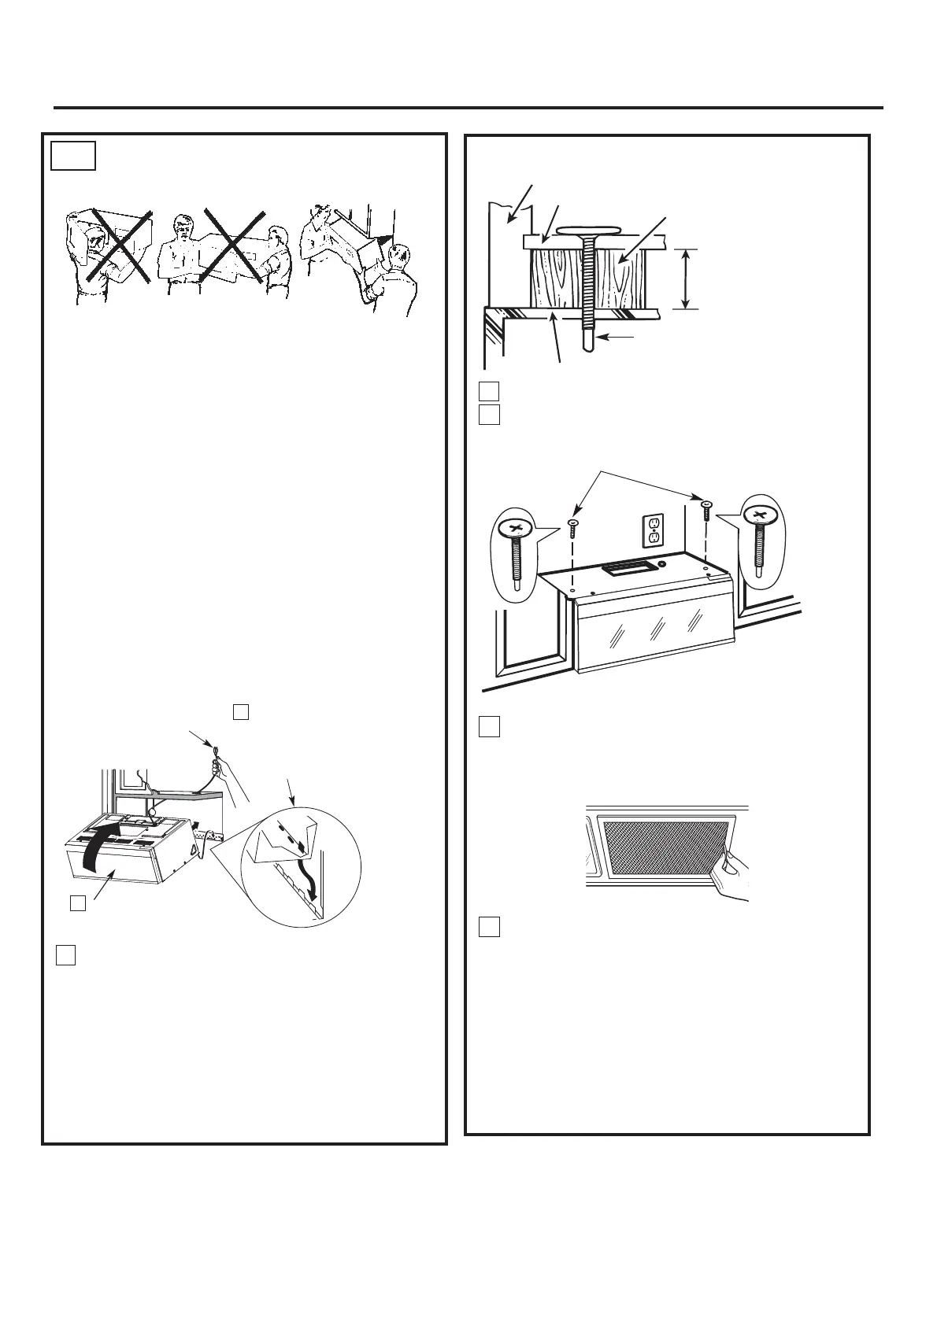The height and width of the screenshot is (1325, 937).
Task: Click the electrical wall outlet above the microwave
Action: (x=653, y=531)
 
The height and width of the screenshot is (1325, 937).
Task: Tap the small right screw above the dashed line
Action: (x=706, y=506)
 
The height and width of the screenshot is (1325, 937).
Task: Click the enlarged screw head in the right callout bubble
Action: (x=759, y=515)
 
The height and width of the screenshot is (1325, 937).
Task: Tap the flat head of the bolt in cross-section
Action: (x=591, y=231)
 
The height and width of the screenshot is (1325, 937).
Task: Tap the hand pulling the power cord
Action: (x=231, y=775)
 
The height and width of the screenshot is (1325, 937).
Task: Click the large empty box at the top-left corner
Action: (x=73, y=156)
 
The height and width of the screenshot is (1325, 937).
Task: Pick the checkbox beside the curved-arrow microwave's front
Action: (x=77, y=904)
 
